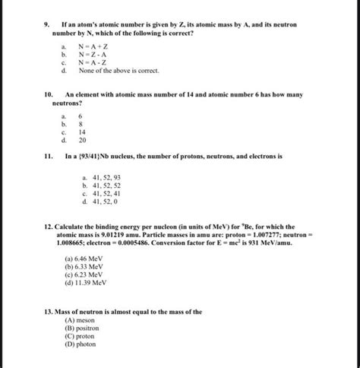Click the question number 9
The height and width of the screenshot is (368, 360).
(x=47, y=24)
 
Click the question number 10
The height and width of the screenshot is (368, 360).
(x=49, y=96)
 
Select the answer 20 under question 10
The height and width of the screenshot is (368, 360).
(x=83, y=140)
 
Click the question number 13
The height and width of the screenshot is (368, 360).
(x=49, y=312)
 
